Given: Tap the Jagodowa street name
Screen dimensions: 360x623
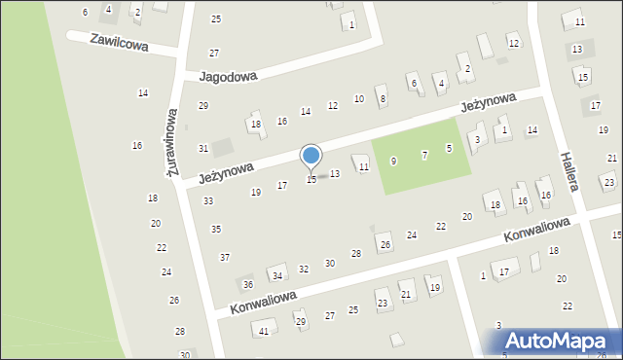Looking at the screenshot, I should [x=227, y=75].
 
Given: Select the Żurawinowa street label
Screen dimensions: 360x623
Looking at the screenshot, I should [x=173, y=141].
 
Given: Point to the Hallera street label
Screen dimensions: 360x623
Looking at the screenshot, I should [x=569, y=171].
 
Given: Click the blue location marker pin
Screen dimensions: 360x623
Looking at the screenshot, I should [x=311, y=158].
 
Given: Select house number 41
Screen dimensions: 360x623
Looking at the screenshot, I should [x=263, y=331].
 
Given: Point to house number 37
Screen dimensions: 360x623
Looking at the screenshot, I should [x=225, y=257].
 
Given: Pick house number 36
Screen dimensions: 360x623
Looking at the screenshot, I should [x=248, y=284].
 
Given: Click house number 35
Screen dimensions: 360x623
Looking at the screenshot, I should [x=216, y=229].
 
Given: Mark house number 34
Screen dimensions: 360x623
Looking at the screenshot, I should [x=277, y=276].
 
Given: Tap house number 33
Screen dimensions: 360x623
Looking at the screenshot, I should [x=208, y=200].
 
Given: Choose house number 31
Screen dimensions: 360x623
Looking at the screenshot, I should [x=203, y=148].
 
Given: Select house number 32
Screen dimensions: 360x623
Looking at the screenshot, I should [x=304, y=269].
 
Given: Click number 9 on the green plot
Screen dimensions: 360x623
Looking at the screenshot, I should [x=393, y=161].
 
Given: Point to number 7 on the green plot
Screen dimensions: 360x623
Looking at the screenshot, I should [x=424, y=155].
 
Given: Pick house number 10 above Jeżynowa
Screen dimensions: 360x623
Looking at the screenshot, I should [x=359, y=98].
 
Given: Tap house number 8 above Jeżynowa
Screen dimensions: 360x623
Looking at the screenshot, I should [x=383, y=98].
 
